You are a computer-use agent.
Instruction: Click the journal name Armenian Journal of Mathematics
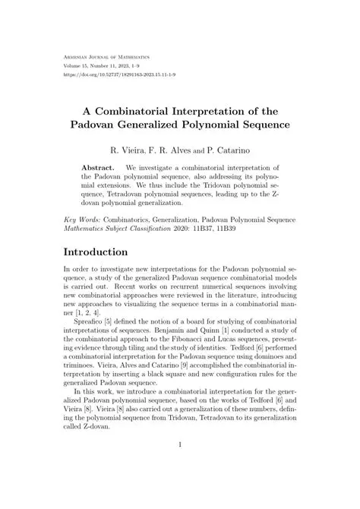click(x=106, y=56)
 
